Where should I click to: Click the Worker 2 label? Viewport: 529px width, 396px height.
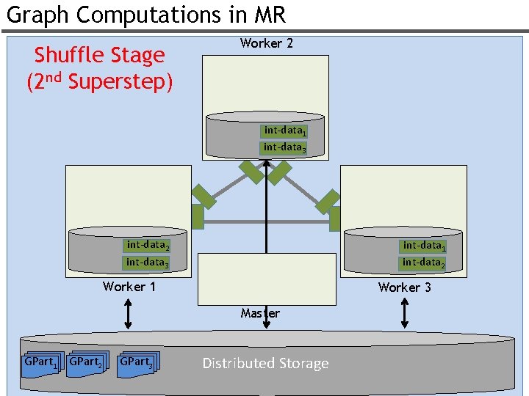coord(266,43)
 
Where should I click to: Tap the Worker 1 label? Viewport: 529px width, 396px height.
coord(129,287)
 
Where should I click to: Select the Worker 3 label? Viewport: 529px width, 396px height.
coord(405,287)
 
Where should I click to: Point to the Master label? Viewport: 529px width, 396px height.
coord(260,313)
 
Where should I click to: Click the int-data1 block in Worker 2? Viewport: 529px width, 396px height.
coord(284,131)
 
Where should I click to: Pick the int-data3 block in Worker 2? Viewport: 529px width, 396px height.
coord(283,148)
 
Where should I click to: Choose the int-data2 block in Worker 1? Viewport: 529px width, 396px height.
coord(146,246)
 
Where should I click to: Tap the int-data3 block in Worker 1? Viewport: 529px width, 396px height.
coord(145,263)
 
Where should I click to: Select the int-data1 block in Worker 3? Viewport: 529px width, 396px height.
coord(422,246)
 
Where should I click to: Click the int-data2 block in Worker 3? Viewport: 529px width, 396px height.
coord(422,263)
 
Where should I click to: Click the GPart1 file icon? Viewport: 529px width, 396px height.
coord(43,365)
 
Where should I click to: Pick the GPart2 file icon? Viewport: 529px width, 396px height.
coord(87,364)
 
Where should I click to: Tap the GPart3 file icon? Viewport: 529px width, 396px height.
coord(138,364)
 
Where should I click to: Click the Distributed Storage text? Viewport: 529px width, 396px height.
coord(265,363)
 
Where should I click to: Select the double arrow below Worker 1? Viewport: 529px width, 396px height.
coord(128,314)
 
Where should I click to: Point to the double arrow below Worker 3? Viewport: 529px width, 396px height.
coord(405,314)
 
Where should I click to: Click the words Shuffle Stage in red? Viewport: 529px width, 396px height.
coord(99,55)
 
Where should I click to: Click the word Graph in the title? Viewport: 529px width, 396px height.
coord(37,15)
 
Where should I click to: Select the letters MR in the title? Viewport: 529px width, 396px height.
coord(270,15)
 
